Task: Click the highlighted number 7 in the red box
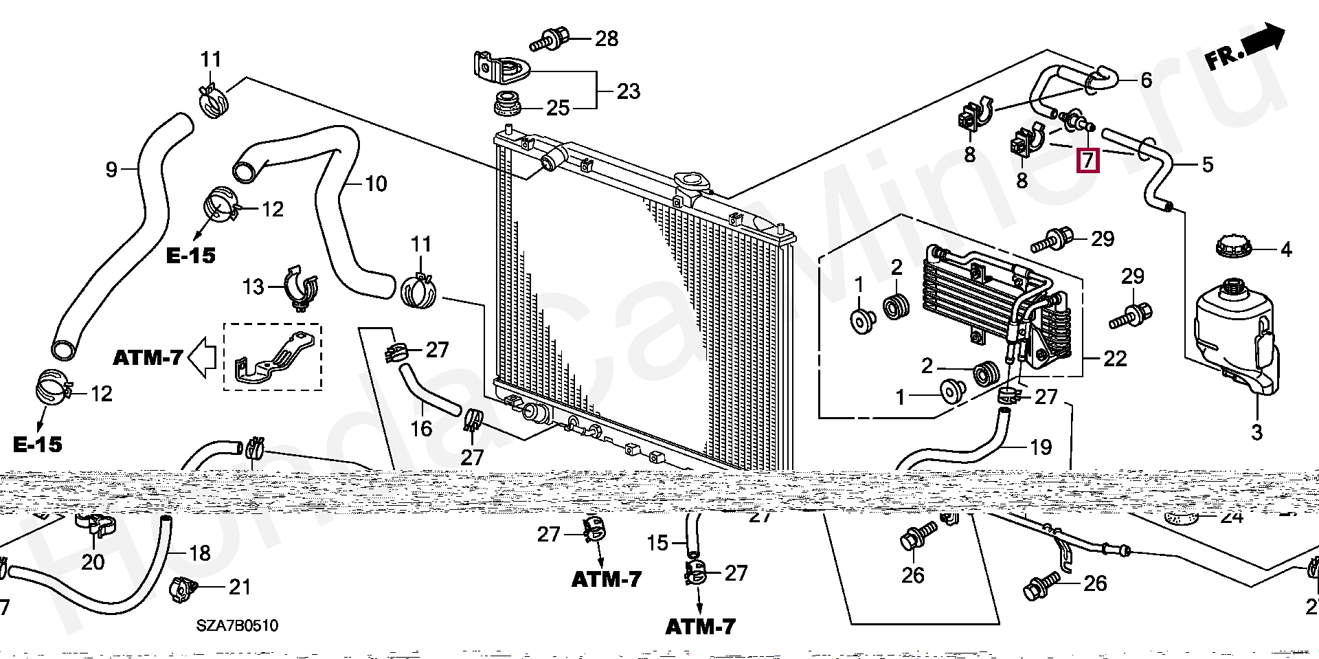(1088, 160)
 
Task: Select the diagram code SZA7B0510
(237, 625)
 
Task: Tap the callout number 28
(607, 38)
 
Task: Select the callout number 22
(1114, 358)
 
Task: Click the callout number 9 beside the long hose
(111, 169)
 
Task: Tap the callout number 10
(376, 183)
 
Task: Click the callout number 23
(628, 91)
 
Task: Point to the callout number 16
(421, 429)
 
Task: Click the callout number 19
(1041, 447)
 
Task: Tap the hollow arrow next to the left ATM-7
(202, 358)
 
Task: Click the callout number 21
(240, 587)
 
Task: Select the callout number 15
(657, 543)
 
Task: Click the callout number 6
(1146, 80)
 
